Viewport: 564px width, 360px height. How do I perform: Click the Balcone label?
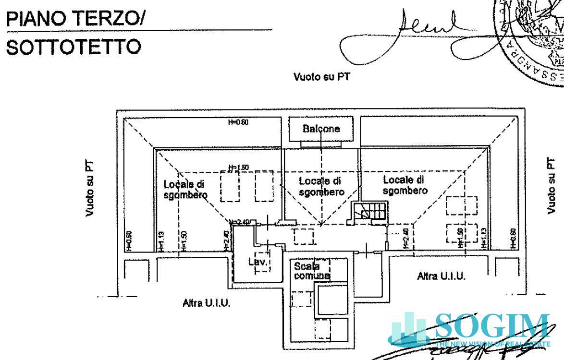(x=321, y=129)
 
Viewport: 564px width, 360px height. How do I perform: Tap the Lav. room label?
(x=257, y=262)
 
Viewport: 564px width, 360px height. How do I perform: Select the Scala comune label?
(x=312, y=271)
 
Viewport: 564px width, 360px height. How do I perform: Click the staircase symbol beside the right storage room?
(x=370, y=211)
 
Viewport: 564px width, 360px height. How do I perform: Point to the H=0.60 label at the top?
(x=237, y=123)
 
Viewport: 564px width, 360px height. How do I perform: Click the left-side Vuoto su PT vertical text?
(x=90, y=188)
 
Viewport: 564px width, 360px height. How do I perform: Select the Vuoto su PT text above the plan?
(x=321, y=77)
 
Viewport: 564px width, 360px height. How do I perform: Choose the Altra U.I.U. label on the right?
(x=441, y=276)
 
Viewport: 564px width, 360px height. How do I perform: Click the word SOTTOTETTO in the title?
(x=74, y=47)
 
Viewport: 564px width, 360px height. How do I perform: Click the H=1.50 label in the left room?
(x=238, y=167)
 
